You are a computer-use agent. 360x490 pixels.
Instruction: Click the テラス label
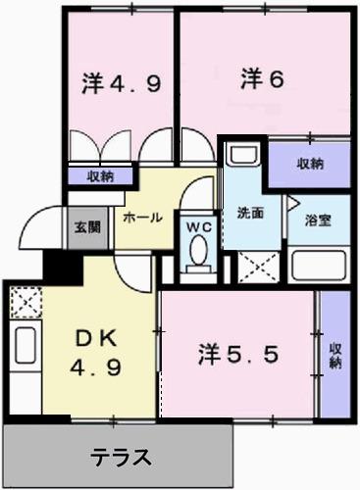pos(122,456)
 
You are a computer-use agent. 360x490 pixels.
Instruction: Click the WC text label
pos(200,225)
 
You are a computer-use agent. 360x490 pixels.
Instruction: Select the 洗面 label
pos(250,212)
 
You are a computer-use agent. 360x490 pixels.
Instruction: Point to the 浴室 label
pos(316,220)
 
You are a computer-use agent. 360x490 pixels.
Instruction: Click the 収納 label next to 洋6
pos(309,164)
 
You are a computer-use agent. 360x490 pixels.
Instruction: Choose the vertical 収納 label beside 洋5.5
pos(335,355)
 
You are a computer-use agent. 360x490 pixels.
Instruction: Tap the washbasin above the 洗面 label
pos(242,157)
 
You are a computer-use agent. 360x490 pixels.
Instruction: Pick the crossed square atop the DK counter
pos(24,299)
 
